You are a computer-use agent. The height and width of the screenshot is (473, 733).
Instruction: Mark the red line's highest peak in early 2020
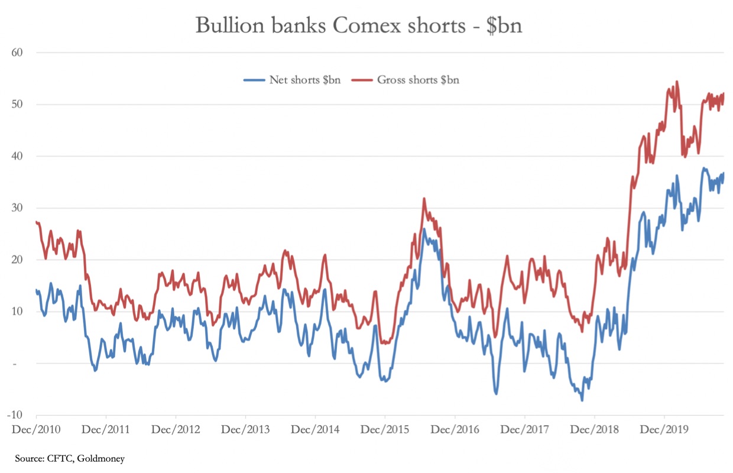click(676, 82)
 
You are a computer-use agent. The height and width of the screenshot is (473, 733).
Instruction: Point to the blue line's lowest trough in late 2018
click(582, 400)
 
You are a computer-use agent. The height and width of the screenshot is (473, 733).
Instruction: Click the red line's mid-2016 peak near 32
click(424, 199)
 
